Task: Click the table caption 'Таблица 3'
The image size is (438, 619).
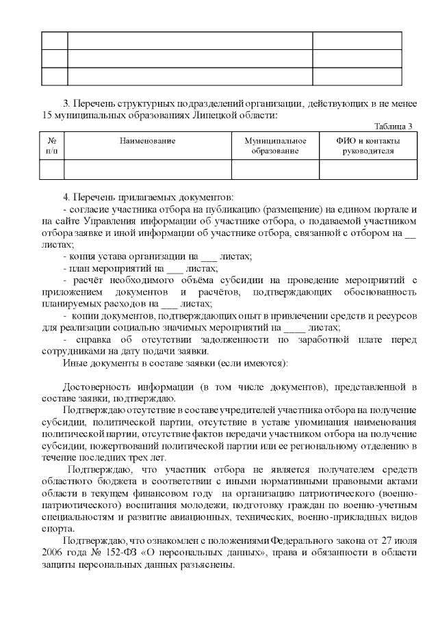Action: [x=392, y=126]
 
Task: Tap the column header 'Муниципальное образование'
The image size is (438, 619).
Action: [x=275, y=146]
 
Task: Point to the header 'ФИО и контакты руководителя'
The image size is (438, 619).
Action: [x=368, y=146]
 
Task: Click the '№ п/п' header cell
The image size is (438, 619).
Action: [x=52, y=146]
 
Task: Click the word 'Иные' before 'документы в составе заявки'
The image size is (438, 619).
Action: [x=73, y=363]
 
